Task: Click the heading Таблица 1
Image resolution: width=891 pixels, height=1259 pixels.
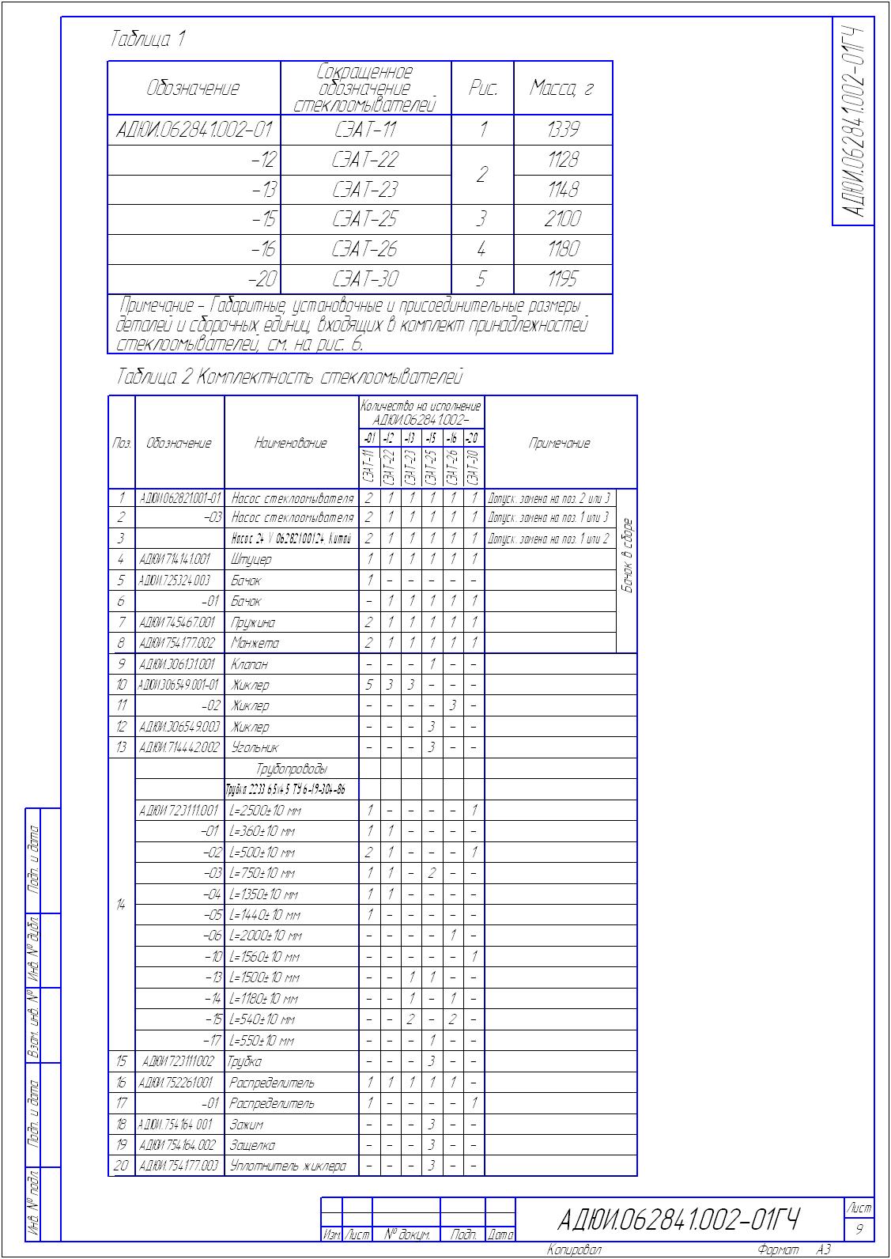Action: coord(148,39)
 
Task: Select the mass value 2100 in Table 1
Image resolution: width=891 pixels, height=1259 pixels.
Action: coord(563,219)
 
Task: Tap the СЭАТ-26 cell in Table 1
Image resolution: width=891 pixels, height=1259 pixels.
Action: coord(365,249)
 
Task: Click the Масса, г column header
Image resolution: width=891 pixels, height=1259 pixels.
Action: coord(562,88)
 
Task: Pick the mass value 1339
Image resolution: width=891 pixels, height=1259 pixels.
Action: coord(563,130)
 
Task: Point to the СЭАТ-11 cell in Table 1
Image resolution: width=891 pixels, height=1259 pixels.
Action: coord(365,130)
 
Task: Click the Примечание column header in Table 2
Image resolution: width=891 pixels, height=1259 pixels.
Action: coord(560,444)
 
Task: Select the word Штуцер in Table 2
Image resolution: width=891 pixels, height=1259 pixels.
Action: coord(251,560)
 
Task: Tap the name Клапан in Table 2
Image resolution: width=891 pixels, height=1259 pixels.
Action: coord(250,664)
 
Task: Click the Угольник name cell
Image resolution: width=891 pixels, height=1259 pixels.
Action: coord(255,747)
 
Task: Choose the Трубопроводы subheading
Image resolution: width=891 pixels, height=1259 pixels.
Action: coord(292,769)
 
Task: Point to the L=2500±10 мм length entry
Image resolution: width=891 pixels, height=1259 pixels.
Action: coord(265,811)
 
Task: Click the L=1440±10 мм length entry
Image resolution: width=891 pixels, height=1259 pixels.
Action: coord(265,915)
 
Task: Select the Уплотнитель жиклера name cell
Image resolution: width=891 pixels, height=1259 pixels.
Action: coord(288,1166)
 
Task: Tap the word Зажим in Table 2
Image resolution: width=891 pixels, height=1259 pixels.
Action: coord(247,1124)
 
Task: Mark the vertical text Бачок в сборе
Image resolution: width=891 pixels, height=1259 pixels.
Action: coord(627,555)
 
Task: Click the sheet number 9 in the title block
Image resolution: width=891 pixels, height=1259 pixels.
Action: coord(859,1230)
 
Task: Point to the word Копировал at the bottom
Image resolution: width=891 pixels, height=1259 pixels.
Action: coord(574,1250)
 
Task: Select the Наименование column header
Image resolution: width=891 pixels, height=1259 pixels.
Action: coord(290,444)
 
